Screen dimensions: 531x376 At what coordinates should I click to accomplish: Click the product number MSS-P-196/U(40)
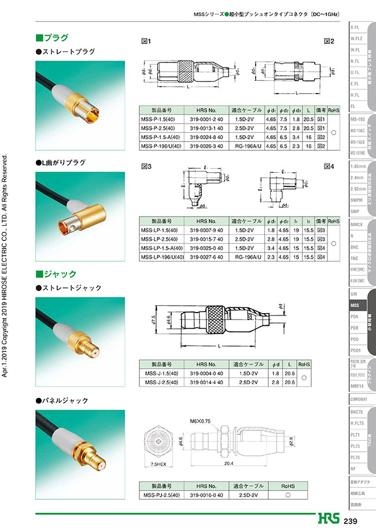(162, 147)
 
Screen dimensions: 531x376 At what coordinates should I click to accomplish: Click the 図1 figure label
(146, 42)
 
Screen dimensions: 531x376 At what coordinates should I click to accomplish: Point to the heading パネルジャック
(65, 400)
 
